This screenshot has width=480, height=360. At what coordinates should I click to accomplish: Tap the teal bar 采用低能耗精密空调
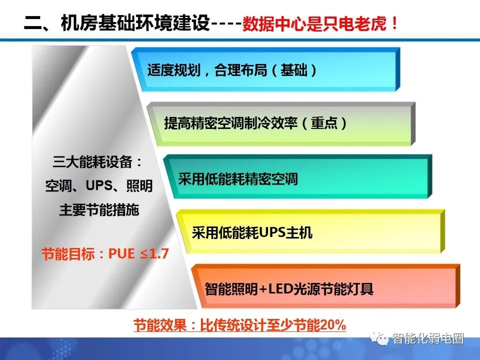tap(295, 178)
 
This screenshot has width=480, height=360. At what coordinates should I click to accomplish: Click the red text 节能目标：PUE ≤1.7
tap(105, 253)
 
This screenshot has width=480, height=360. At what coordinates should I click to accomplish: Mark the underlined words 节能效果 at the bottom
tap(155, 325)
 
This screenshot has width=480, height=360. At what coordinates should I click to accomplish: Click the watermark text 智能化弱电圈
tap(428, 338)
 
